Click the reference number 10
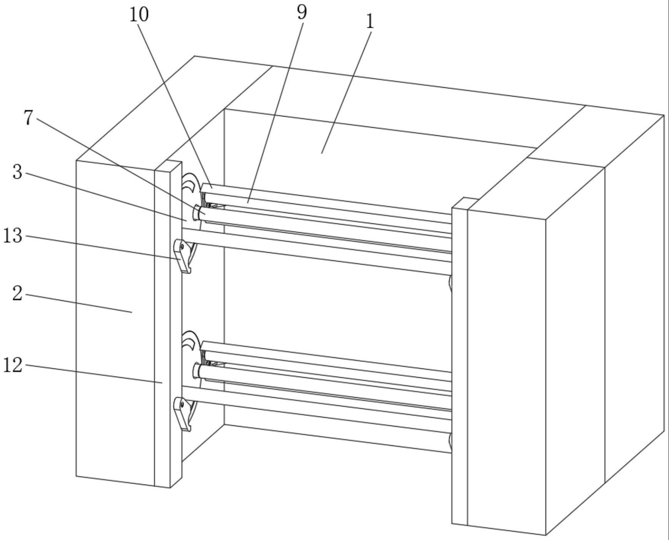(139, 15)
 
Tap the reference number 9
(302, 13)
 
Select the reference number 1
(370, 22)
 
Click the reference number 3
(17, 172)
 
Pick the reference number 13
(13, 235)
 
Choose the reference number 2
(17, 294)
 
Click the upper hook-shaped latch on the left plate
(182, 256)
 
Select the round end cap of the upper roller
(196, 213)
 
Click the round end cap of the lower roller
(196, 371)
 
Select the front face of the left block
(115, 319)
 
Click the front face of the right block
(506, 369)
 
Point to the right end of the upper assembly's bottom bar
(450, 283)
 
